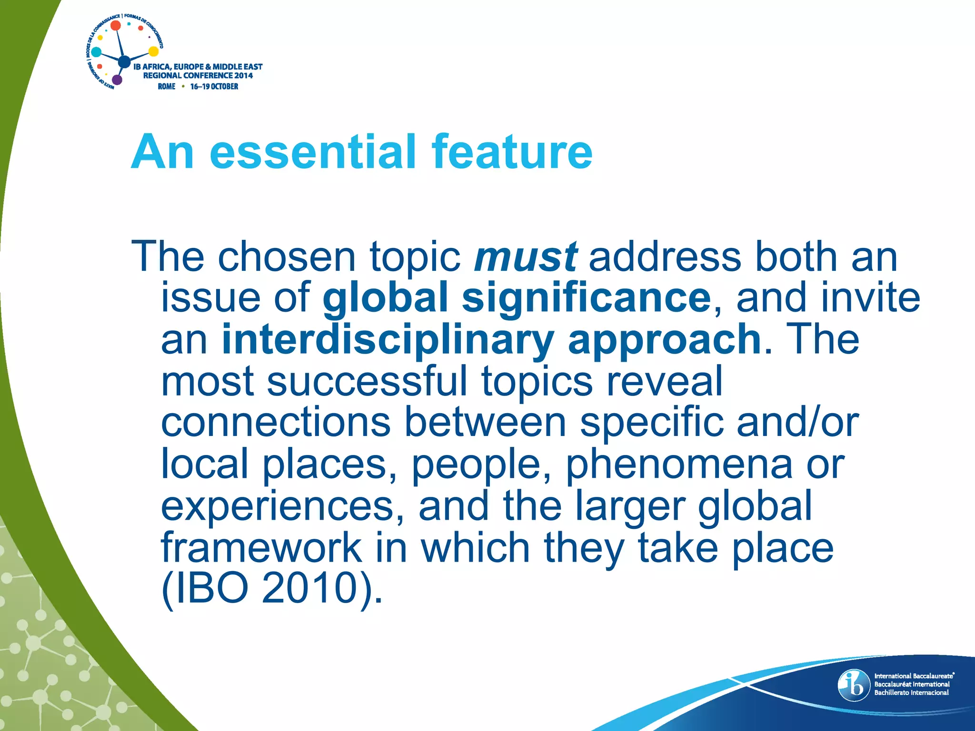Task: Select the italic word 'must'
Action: pyautogui.click(x=526, y=257)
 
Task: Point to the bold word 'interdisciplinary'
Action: pyautogui.click(x=388, y=340)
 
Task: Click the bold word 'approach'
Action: pyautogui.click(x=664, y=340)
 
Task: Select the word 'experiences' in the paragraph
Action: pyautogui.click(x=278, y=506)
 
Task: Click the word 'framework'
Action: pyautogui.click(x=261, y=547)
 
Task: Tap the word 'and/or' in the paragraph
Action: pyautogui.click(x=797, y=423)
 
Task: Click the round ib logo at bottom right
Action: pyautogui.click(x=854, y=685)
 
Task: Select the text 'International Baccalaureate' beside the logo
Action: pyautogui.click(x=914, y=676)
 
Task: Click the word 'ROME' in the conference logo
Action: pyautogui.click(x=167, y=87)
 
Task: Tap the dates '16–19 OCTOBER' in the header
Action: pyautogui.click(x=214, y=87)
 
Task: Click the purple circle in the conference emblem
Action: pyautogui.click(x=117, y=79)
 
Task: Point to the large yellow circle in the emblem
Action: pyautogui.click(x=153, y=51)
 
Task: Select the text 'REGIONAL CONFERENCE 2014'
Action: pyautogui.click(x=198, y=76)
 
